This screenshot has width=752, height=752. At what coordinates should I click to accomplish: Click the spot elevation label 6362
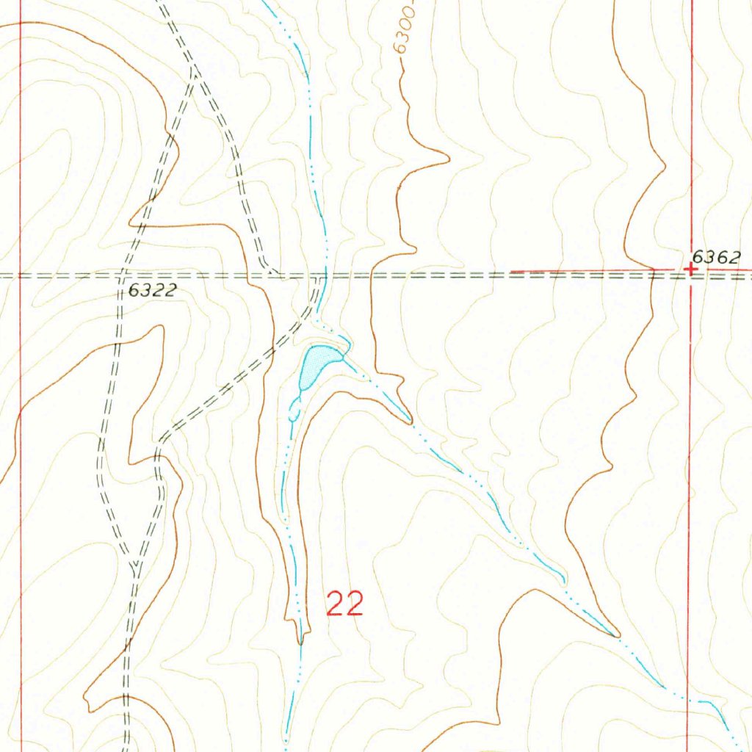pyautogui.click(x=717, y=256)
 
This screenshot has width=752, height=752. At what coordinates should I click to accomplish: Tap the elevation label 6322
pyautogui.click(x=152, y=290)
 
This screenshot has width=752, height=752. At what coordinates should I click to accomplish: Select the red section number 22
pyautogui.click(x=344, y=604)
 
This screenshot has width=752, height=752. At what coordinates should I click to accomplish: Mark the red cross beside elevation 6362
pyautogui.click(x=690, y=270)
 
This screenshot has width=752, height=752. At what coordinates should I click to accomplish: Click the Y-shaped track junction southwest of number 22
pyautogui.click(x=135, y=565)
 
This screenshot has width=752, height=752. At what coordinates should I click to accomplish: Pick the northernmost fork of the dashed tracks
pyautogui.click(x=192, y=70)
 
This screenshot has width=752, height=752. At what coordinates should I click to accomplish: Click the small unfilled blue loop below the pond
pyautogui.click(x=293, y=414)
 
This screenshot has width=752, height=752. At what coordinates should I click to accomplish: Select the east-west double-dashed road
pyautogui.click(x=441, y=276)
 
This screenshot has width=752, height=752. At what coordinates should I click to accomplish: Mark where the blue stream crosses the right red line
pyautogui.click(x=687, y=700)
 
